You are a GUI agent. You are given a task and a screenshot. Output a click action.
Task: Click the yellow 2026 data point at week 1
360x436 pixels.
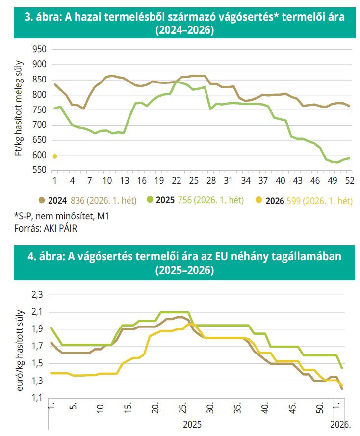[55, 156]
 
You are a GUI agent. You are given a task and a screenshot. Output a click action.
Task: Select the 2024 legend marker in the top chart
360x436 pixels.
[42, 200]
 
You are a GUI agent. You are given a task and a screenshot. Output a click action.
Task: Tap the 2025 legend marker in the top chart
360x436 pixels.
[152, 200]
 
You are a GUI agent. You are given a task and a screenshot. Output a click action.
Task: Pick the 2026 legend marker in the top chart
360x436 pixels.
[261, 200]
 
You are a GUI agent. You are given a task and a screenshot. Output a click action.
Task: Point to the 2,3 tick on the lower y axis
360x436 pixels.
[37, 295]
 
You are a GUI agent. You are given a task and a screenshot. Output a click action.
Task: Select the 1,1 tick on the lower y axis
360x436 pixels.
[37, 398]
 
